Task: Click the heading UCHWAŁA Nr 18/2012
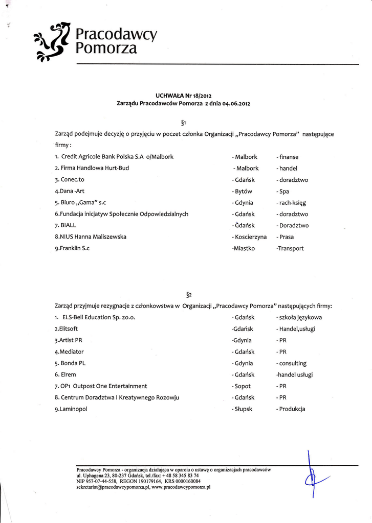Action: point(183,95)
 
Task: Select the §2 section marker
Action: point(189,295)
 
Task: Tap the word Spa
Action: point(283,191)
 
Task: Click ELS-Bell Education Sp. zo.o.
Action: point(99,317)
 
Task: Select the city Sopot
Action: point(244,386)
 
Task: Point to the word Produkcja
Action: point(292,409)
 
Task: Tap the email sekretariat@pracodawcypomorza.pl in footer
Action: point(113,487)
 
